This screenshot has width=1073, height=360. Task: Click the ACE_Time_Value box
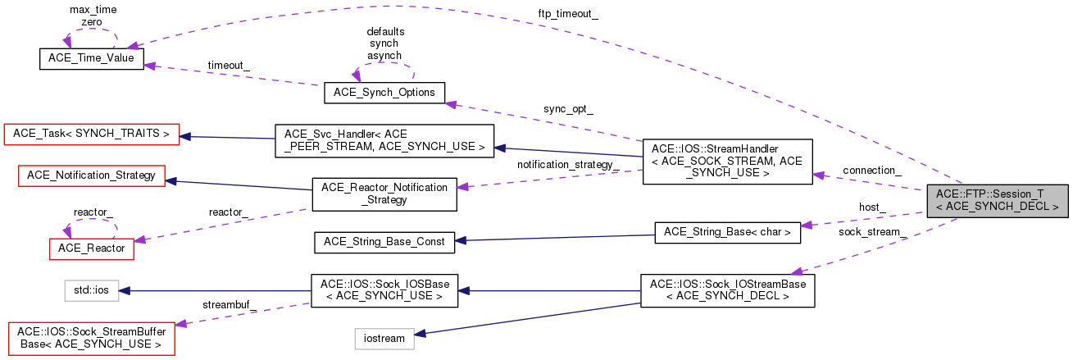(92, 58)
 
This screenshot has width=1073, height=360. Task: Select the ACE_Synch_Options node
(384, 92)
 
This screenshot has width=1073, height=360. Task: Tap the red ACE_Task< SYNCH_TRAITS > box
(92, 133)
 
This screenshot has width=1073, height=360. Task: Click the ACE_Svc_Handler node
(384, 141)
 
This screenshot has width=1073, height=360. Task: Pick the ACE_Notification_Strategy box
(92, 175)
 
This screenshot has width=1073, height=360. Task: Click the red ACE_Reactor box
(92, 247)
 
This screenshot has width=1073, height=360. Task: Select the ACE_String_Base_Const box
(384, 241)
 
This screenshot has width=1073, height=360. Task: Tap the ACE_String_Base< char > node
(726, 233)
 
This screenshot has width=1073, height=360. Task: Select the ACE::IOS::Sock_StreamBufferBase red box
(92, 339)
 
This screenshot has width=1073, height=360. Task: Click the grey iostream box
(384, 338)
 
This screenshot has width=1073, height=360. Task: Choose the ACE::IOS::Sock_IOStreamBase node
(727, 289)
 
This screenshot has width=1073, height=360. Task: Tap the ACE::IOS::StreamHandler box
(727, 161)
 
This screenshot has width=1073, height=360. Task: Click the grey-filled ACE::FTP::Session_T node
(996, 200)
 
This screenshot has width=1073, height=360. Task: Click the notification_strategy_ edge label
(567, 165)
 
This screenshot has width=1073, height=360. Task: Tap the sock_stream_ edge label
(872, 232)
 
